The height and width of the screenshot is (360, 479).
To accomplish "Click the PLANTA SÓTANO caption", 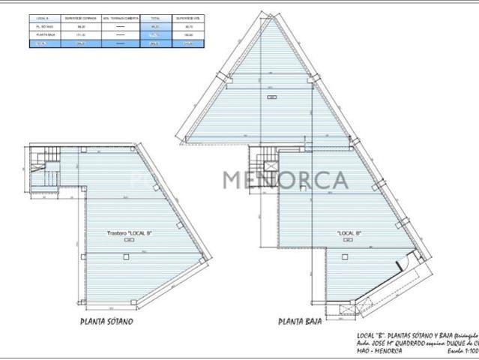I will (x=106, y=322).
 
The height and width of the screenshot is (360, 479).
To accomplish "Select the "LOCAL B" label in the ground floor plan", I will (x=349, y=233).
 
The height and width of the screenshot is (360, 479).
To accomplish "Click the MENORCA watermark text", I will (x=285, y=181).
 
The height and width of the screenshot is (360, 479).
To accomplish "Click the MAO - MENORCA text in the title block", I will (x=379, y=350).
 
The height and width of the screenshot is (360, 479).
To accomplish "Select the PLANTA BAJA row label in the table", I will (x=43, y=34).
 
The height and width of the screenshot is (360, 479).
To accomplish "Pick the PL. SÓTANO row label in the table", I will (x=43, y=25).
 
